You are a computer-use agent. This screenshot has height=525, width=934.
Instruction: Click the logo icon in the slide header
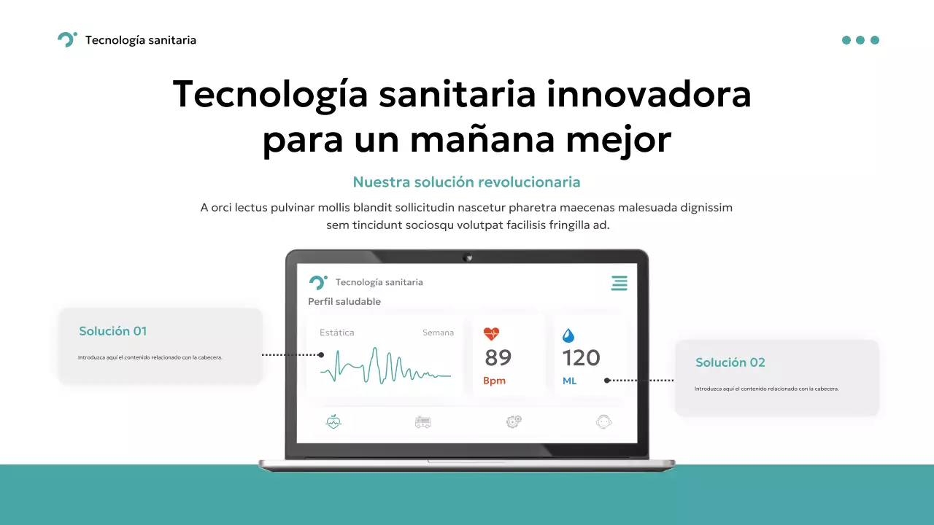[66, 40]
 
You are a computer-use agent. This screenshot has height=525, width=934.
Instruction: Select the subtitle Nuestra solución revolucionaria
[466, 182]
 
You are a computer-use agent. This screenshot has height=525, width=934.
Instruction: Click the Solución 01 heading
[113, 331]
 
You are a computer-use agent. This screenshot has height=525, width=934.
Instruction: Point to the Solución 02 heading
[730, 362]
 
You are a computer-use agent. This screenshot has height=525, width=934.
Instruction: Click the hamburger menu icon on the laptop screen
[619, 283]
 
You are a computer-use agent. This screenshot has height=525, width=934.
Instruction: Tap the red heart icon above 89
[491, 334]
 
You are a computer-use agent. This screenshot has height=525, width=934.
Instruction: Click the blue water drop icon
[568, 335]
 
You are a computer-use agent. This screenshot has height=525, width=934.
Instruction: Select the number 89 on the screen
[498, 358]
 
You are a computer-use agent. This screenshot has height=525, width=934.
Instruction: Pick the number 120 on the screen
[581, 358]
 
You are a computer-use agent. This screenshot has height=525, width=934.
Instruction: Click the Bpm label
[494, 381]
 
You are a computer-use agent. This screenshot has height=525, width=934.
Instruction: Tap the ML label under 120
[569, 381]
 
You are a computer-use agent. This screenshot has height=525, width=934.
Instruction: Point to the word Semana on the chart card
[438, 332]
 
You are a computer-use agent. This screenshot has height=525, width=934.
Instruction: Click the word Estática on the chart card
[337, 332]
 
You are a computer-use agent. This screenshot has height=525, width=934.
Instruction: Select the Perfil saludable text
[344, 301]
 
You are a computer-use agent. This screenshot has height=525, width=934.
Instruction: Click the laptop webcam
[467, 257]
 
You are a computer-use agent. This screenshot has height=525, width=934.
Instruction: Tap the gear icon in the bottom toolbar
[514, 421]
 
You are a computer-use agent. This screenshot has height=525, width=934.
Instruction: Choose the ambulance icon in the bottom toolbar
[422, 421]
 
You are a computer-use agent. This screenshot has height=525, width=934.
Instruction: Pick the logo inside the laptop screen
[318, 282]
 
